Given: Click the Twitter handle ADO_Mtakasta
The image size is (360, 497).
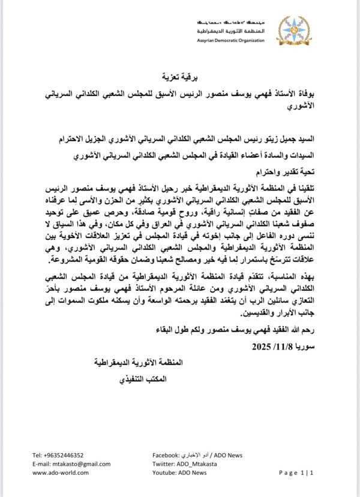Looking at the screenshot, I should [x=201, y=464].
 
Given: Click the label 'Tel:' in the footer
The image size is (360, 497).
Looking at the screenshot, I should [x=38, y=455].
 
